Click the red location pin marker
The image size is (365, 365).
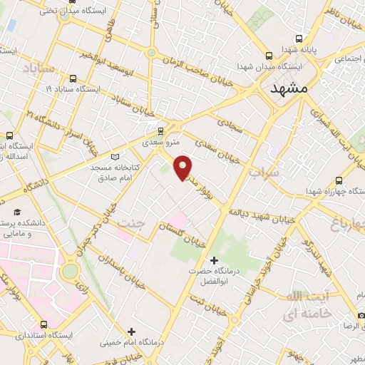pos(183,167)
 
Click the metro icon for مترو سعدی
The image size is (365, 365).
pos(160,131)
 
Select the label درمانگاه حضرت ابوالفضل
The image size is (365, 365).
pos(212,275)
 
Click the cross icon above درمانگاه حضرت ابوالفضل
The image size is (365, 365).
pos(214,260)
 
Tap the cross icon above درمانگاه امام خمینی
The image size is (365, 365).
pos(131,331)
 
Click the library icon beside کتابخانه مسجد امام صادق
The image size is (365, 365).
pos(115,157)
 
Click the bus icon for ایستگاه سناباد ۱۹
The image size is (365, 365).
pos(72,79)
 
